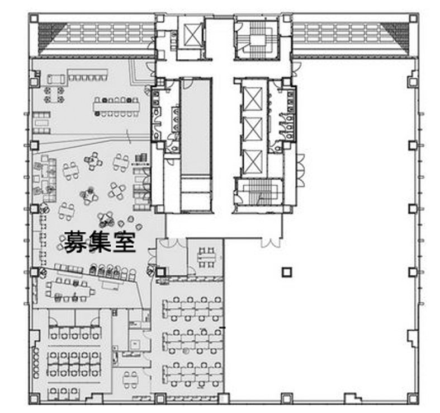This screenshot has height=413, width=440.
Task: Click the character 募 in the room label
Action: coord(75,242)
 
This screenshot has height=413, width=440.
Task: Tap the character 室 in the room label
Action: coord(124,242)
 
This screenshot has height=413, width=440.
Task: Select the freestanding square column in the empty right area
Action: coord(287,272)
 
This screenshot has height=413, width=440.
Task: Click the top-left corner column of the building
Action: coord(34,19)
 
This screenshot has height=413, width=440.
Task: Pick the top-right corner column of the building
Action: coord(413,19)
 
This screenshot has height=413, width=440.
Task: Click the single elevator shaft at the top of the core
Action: coord(192,34)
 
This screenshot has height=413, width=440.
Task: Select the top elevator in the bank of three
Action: coord(253,98)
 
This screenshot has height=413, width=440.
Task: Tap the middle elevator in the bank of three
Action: coord(253,129)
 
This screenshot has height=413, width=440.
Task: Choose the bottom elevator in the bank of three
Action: coord(253,162)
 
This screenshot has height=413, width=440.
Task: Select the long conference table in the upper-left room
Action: coord(116,107)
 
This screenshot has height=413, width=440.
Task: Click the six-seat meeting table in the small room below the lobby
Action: coord(207,257)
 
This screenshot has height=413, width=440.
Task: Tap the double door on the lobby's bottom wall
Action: coord(271,243)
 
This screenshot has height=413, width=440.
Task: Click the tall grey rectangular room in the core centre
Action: coord(196,126)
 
